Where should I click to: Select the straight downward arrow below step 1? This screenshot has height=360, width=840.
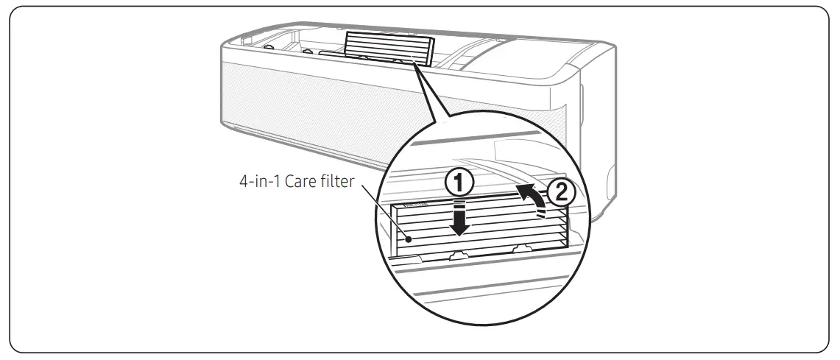(460, 219)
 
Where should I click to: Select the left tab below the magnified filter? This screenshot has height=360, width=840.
(458, 254)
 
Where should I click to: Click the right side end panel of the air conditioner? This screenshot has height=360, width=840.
(596, 140)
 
